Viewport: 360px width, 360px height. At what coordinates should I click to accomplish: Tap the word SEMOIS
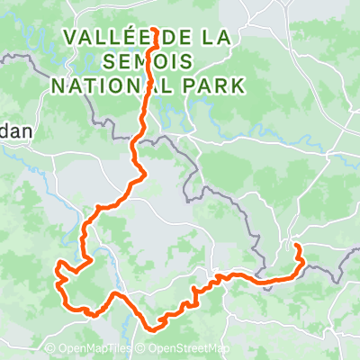[148, 62]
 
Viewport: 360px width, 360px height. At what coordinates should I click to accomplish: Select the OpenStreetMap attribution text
[187, 349]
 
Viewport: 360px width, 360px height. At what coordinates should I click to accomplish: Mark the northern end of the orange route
[156, 30]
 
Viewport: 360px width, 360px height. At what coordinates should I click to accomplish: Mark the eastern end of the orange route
[296, 245]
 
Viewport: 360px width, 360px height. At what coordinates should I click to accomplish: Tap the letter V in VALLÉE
[71, 38]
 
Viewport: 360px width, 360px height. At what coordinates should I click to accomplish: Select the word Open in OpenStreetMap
[163, 349]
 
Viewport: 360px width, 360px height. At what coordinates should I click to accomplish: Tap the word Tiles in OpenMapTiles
[120, 349]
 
